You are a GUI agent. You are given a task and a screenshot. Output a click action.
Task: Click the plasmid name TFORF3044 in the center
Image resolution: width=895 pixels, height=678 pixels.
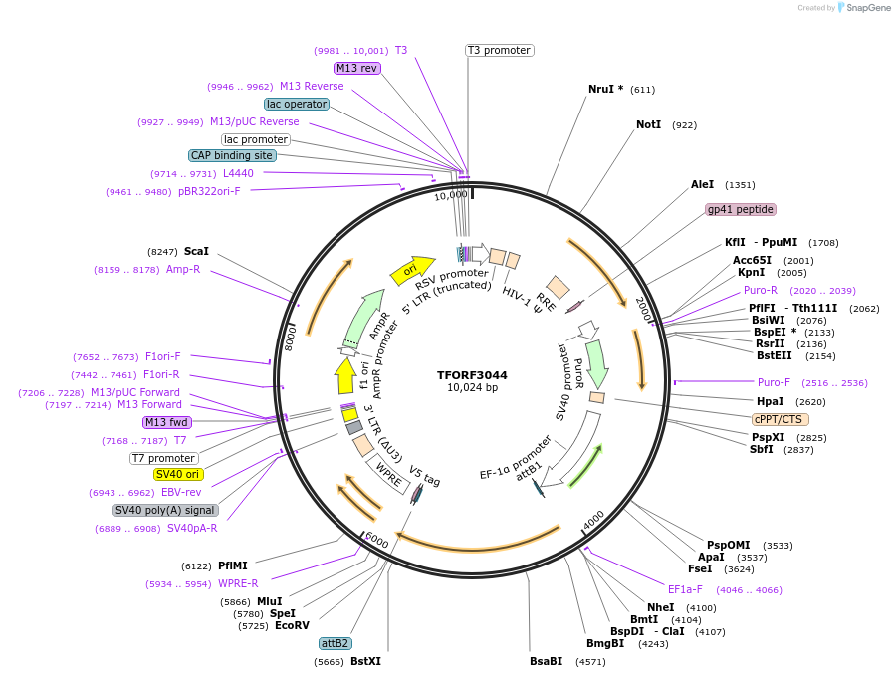(x=472, y=375)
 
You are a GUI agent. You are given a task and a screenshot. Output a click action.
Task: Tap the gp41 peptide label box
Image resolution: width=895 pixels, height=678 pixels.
(x=740, y=209)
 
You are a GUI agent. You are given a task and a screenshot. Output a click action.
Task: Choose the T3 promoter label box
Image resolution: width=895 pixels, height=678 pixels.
(x=499, y=50)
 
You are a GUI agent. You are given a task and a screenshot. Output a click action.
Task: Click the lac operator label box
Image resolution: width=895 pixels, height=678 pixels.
(x=296, y=104)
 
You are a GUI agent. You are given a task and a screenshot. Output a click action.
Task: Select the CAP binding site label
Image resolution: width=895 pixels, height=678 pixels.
(x=232, y=155)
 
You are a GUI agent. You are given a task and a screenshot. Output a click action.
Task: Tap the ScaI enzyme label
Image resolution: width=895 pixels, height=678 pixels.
(x=196, y=252)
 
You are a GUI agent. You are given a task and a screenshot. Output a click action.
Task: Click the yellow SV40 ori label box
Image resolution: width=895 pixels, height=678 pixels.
(x=177, y=474)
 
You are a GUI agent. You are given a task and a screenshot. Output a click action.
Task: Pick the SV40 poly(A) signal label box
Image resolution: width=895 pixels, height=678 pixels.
(x=165, y=510)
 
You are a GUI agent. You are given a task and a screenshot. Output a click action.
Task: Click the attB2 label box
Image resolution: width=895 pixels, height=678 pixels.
(x=335, y=643)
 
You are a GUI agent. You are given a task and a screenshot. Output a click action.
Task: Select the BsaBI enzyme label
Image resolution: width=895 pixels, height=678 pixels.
(x=546, y=661)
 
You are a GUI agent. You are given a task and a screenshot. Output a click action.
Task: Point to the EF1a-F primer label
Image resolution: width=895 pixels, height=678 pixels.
(x=690, y=589)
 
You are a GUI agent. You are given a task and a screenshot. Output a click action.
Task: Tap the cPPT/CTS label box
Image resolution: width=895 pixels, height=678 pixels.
(x=780, y=419)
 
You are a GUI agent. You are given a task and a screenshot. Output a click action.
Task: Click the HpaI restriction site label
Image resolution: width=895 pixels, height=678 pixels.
(x=770, y=401)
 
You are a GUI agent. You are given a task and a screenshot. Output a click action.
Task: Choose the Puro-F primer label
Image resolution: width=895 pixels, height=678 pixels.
(x=774, y=382)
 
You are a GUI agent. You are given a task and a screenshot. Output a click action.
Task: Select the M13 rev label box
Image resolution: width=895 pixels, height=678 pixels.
(x=356, y=68)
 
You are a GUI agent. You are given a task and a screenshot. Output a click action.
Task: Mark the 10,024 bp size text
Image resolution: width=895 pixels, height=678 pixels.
(x=472, y=388)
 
